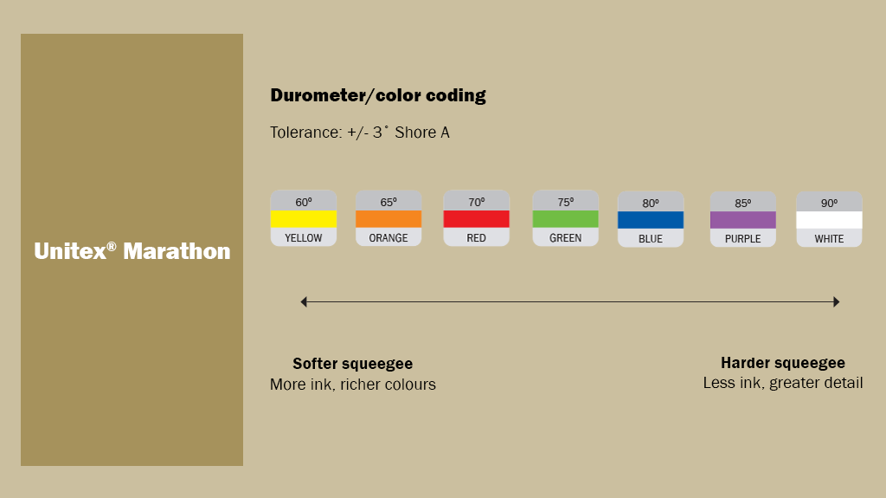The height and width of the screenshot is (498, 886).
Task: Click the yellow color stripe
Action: coord(303,219)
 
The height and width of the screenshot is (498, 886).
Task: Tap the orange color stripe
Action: coord(388,219)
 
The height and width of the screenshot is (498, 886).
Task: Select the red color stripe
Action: coord(476,219)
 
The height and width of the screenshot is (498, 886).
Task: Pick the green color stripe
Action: coord(565,219)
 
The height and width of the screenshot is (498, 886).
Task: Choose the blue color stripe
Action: coord(651,220)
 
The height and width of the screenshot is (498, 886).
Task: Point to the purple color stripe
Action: coord(742,220)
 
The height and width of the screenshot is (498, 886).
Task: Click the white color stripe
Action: coord(829,220)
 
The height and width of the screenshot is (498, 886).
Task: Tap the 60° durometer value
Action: coord(303,203)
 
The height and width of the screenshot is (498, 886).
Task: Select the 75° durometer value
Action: coord(565,203)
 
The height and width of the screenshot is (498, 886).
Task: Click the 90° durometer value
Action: coord(829,204)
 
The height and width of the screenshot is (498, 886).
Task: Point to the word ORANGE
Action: coord(388,238)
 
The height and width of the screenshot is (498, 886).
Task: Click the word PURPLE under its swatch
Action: coord(742,239)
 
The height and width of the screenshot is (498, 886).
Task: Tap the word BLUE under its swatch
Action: coord(651,239)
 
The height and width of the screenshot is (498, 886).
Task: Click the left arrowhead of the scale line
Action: coord(304,301)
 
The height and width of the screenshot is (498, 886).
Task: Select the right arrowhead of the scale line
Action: coord(836,301)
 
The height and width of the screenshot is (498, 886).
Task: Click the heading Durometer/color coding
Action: coord(378,96)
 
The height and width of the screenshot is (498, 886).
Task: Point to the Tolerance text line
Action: coord(360,133)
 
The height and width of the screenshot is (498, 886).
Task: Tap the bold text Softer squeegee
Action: coord(352,364)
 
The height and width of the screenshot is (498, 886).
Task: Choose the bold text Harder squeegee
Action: coord(782,363)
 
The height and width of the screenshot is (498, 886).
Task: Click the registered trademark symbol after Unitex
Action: coord(112,246)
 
